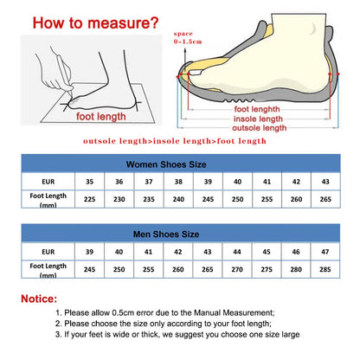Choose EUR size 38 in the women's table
[x=177, y=183]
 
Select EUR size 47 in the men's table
[x=325, y=251]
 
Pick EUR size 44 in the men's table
[x=237, y=251]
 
